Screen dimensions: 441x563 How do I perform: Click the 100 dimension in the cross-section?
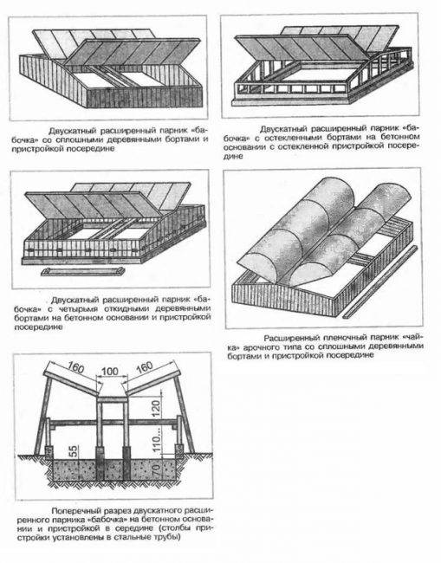tap(109, 371)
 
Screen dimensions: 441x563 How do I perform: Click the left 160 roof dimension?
tap(75, 367)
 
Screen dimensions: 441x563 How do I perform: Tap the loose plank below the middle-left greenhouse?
tap(83, 272)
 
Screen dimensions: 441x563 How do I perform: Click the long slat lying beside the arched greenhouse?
tap(380, 281)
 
